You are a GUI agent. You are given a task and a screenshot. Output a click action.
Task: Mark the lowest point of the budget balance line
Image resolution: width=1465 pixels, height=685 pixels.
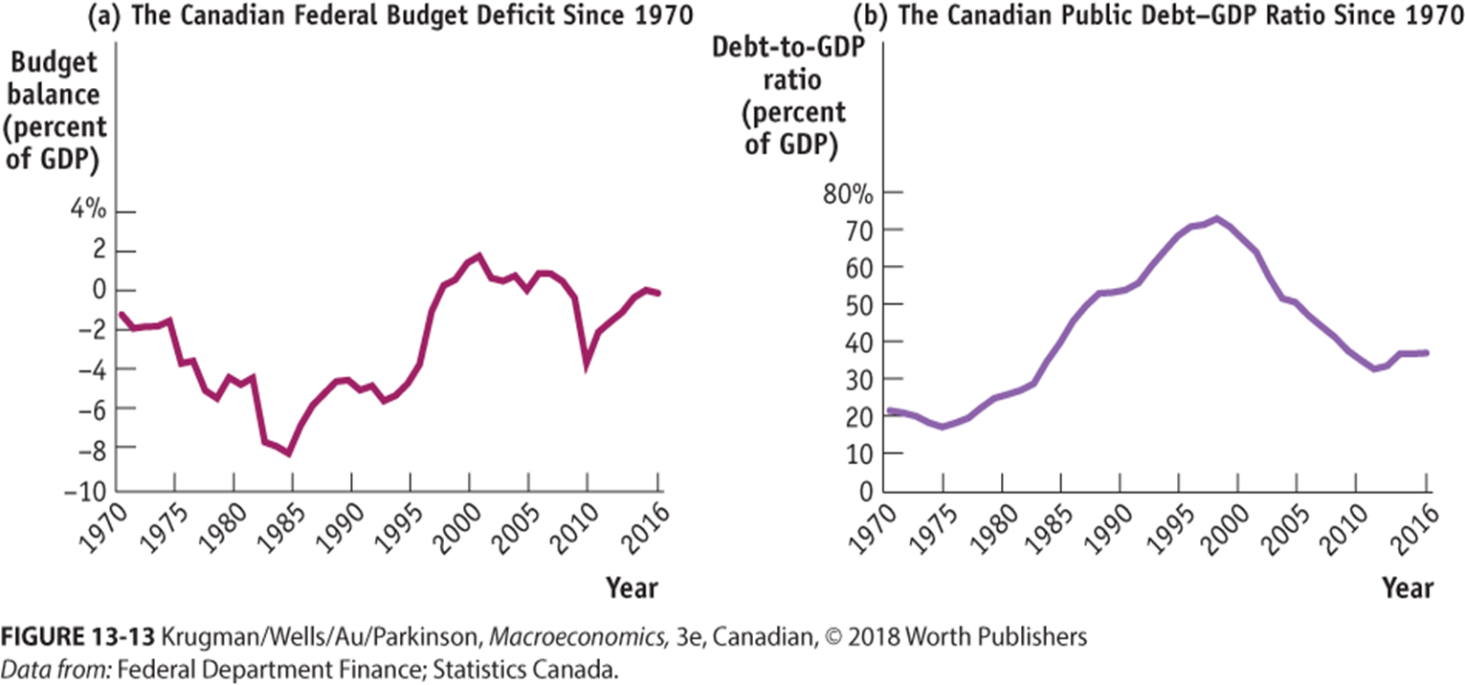[x=289, y=453]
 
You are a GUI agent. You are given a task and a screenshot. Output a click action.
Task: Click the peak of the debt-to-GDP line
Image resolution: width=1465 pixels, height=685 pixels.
[x=1216, y=219]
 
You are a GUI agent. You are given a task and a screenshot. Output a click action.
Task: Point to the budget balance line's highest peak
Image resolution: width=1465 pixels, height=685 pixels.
[x=478, y=256]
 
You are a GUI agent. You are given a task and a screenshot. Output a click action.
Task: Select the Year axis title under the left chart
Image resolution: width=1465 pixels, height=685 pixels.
[x=632, y=586]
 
